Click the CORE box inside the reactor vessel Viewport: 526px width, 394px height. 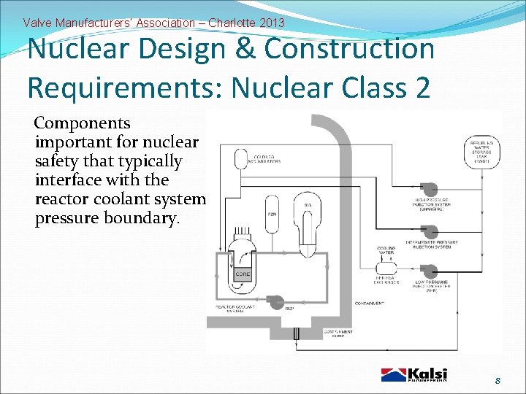243,274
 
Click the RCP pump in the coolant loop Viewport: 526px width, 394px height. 277,301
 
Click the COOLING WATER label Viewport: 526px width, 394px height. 386,251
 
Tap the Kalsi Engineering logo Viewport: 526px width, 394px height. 413,375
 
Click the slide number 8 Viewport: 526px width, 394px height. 497,380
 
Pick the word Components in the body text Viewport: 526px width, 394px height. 83,123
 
